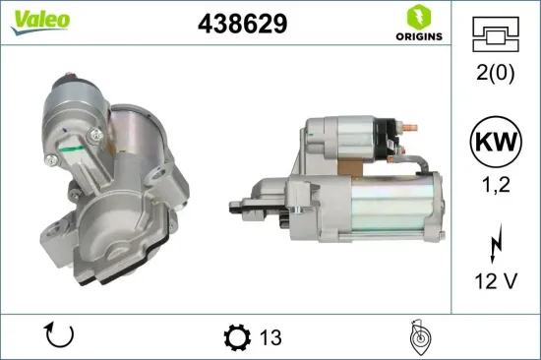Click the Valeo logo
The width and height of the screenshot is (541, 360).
[x=40, y=22]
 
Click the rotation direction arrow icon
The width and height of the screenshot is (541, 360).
[x=61, y=336]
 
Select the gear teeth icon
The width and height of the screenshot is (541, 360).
[x=237, y=337]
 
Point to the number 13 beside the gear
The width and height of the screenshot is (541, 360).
[x=270, y=337]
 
